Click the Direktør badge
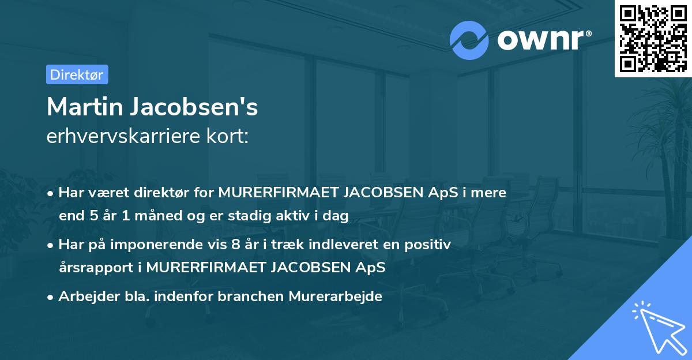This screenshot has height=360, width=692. pos(77,74)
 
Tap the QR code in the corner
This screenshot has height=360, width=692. pos(653,38)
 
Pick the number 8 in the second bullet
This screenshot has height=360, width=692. pos(235,245)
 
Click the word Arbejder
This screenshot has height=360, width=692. pos(85,297)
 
